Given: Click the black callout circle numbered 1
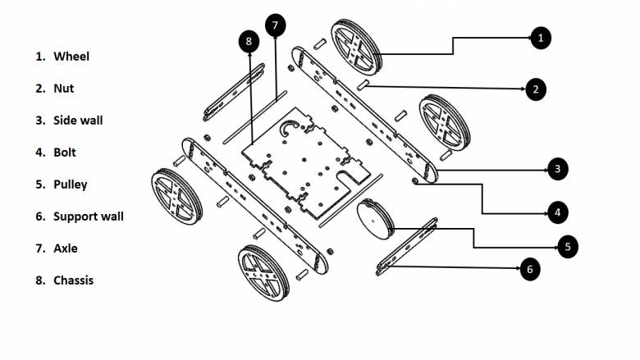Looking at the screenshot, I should [x=539, y=37].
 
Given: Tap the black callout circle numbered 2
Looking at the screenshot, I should [x=534, y=89].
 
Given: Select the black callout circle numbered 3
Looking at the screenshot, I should [x=557, y=169].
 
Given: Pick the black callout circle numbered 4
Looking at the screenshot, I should [x=557, y=212].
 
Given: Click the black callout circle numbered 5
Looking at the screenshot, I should [x=567, y=245].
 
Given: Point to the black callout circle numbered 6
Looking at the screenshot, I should [x=529, y=268].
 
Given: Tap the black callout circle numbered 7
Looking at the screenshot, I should [x=275, y=25].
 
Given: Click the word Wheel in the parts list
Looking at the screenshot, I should [x=71, y=57].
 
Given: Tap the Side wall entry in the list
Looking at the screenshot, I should [x=78, y=120].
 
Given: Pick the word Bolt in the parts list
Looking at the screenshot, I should [x=65, y=152].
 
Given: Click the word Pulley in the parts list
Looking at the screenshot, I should [x=70, y=185].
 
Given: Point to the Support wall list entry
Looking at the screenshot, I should [x=88, y=216].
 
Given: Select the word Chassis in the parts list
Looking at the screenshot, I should [x=73, y=280].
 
